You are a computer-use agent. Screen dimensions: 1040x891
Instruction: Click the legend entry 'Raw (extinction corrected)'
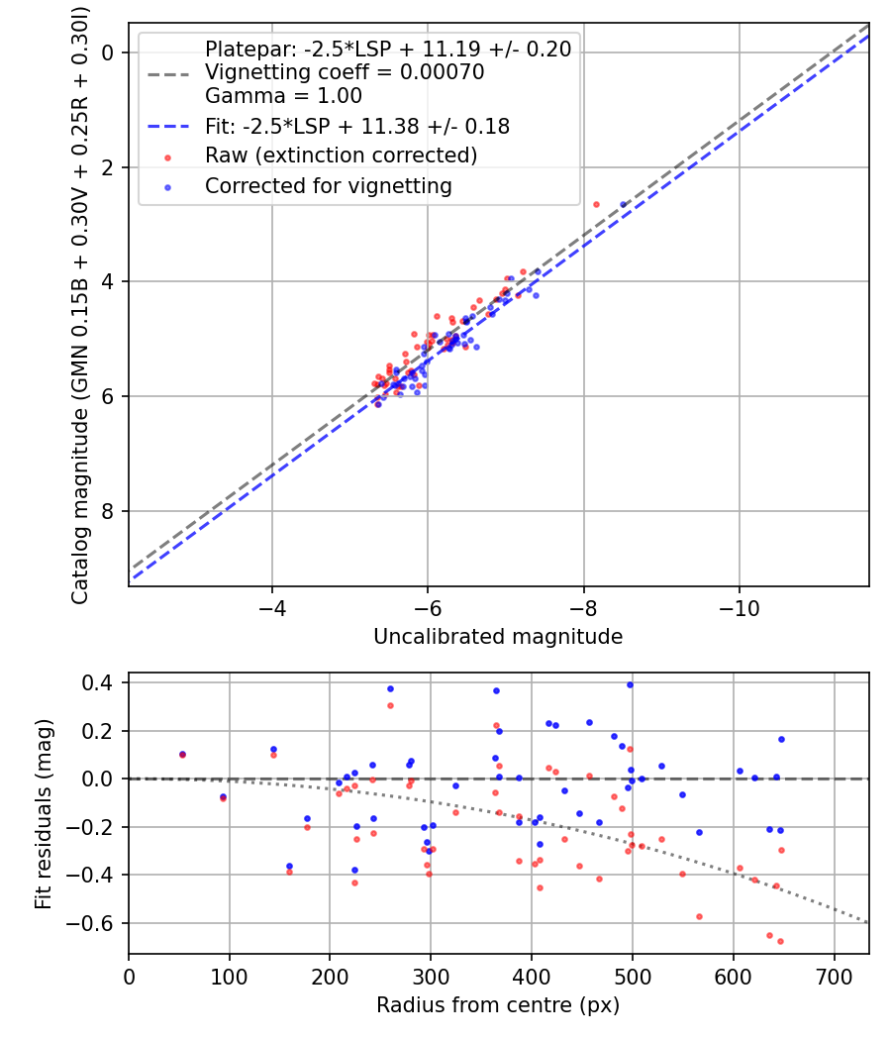pyautogui.click(x=341, y=156)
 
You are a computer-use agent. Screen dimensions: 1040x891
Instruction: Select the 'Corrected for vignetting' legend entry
pyautogui.click(x=328, y=186)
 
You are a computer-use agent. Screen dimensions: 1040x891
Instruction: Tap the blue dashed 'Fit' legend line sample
pyautogui.click(x=169, y=127)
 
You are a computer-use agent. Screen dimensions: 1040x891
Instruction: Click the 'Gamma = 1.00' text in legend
pyautogui.click(x=283, y=96)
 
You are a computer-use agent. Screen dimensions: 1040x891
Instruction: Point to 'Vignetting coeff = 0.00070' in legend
pyautogui.click(x=344, y=72)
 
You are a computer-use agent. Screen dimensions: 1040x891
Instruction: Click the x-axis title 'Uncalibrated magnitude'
pyautogui.click(x=498, y=637)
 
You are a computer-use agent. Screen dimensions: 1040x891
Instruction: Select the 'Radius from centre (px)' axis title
pyautogui.click(x=498, y=1005)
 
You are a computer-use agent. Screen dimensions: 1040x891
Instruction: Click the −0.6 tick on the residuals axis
pyautogui.click(x=100, y=923)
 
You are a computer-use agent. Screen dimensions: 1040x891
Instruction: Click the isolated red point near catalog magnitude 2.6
pyautogui.click(x=596, y=204)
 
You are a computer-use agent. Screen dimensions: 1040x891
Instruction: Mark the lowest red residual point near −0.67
pyautogui.click(x=780, y=941)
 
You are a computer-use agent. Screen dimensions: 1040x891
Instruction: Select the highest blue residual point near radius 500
pyautogui.click(x=630, y=684)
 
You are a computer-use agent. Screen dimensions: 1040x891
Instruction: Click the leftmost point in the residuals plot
pyautogui.click(x=182, y=754)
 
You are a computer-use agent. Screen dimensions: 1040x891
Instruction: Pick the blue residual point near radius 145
pyautogui.click(x=273, y=750)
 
